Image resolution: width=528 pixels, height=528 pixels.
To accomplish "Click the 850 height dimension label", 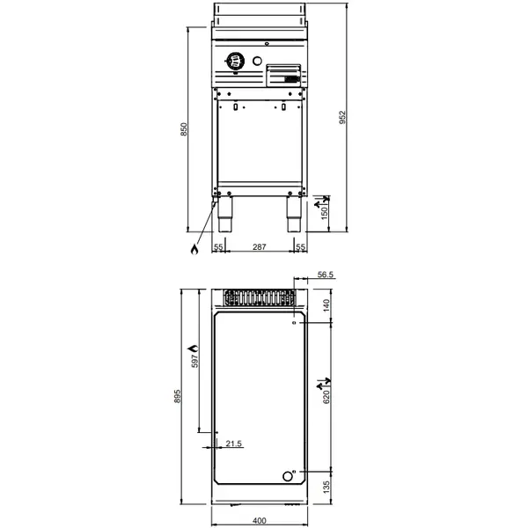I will click(184, 128).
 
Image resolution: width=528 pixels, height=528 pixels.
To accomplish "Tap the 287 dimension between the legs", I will click(259, 248).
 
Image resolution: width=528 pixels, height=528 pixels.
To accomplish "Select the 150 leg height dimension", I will click(325, 213).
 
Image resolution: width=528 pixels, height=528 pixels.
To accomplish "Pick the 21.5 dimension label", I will click(233, 443).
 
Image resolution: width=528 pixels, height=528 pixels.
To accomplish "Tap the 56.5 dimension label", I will click(326, 275).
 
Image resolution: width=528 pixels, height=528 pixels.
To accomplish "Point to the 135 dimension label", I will click(325, 487).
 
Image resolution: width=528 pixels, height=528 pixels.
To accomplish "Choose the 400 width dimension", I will click(259, 520).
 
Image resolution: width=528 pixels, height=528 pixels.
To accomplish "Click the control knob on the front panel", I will click(235, 61).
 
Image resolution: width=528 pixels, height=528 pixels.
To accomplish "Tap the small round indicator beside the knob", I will click(257, 61).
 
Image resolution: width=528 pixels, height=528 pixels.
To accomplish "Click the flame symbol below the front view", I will click(193, 249).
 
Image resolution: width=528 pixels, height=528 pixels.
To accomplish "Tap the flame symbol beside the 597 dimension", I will click(195, 351).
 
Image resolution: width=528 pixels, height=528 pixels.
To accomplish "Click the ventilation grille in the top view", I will click(259, 297).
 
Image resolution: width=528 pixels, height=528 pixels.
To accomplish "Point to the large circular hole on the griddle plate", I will click(287, 476).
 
